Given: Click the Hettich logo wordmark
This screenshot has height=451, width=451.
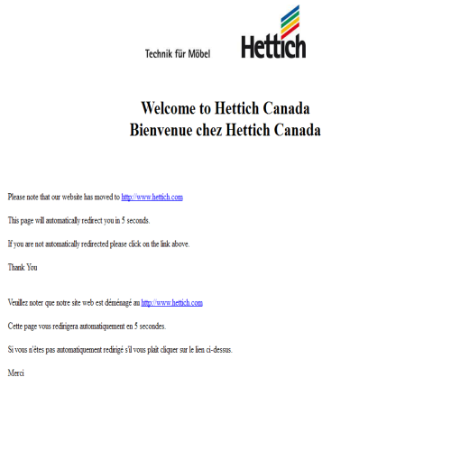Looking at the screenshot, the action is click(273, 47).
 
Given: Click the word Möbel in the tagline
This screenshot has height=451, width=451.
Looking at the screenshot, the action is click(198, 54).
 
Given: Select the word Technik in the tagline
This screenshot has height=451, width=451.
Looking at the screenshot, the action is click(160, 54).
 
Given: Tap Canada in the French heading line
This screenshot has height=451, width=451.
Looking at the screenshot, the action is click(295, 130).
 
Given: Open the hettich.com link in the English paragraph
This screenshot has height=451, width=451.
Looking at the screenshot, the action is click(152, 197).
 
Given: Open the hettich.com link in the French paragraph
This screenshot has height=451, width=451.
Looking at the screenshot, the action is click(172, 303).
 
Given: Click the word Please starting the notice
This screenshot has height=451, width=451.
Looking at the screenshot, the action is click(17, 197).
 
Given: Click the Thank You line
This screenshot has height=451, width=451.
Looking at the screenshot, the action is click(23, 267).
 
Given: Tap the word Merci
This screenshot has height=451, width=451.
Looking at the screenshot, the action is click(16, 373).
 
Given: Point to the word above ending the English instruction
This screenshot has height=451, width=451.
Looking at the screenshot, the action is click(179, 244).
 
